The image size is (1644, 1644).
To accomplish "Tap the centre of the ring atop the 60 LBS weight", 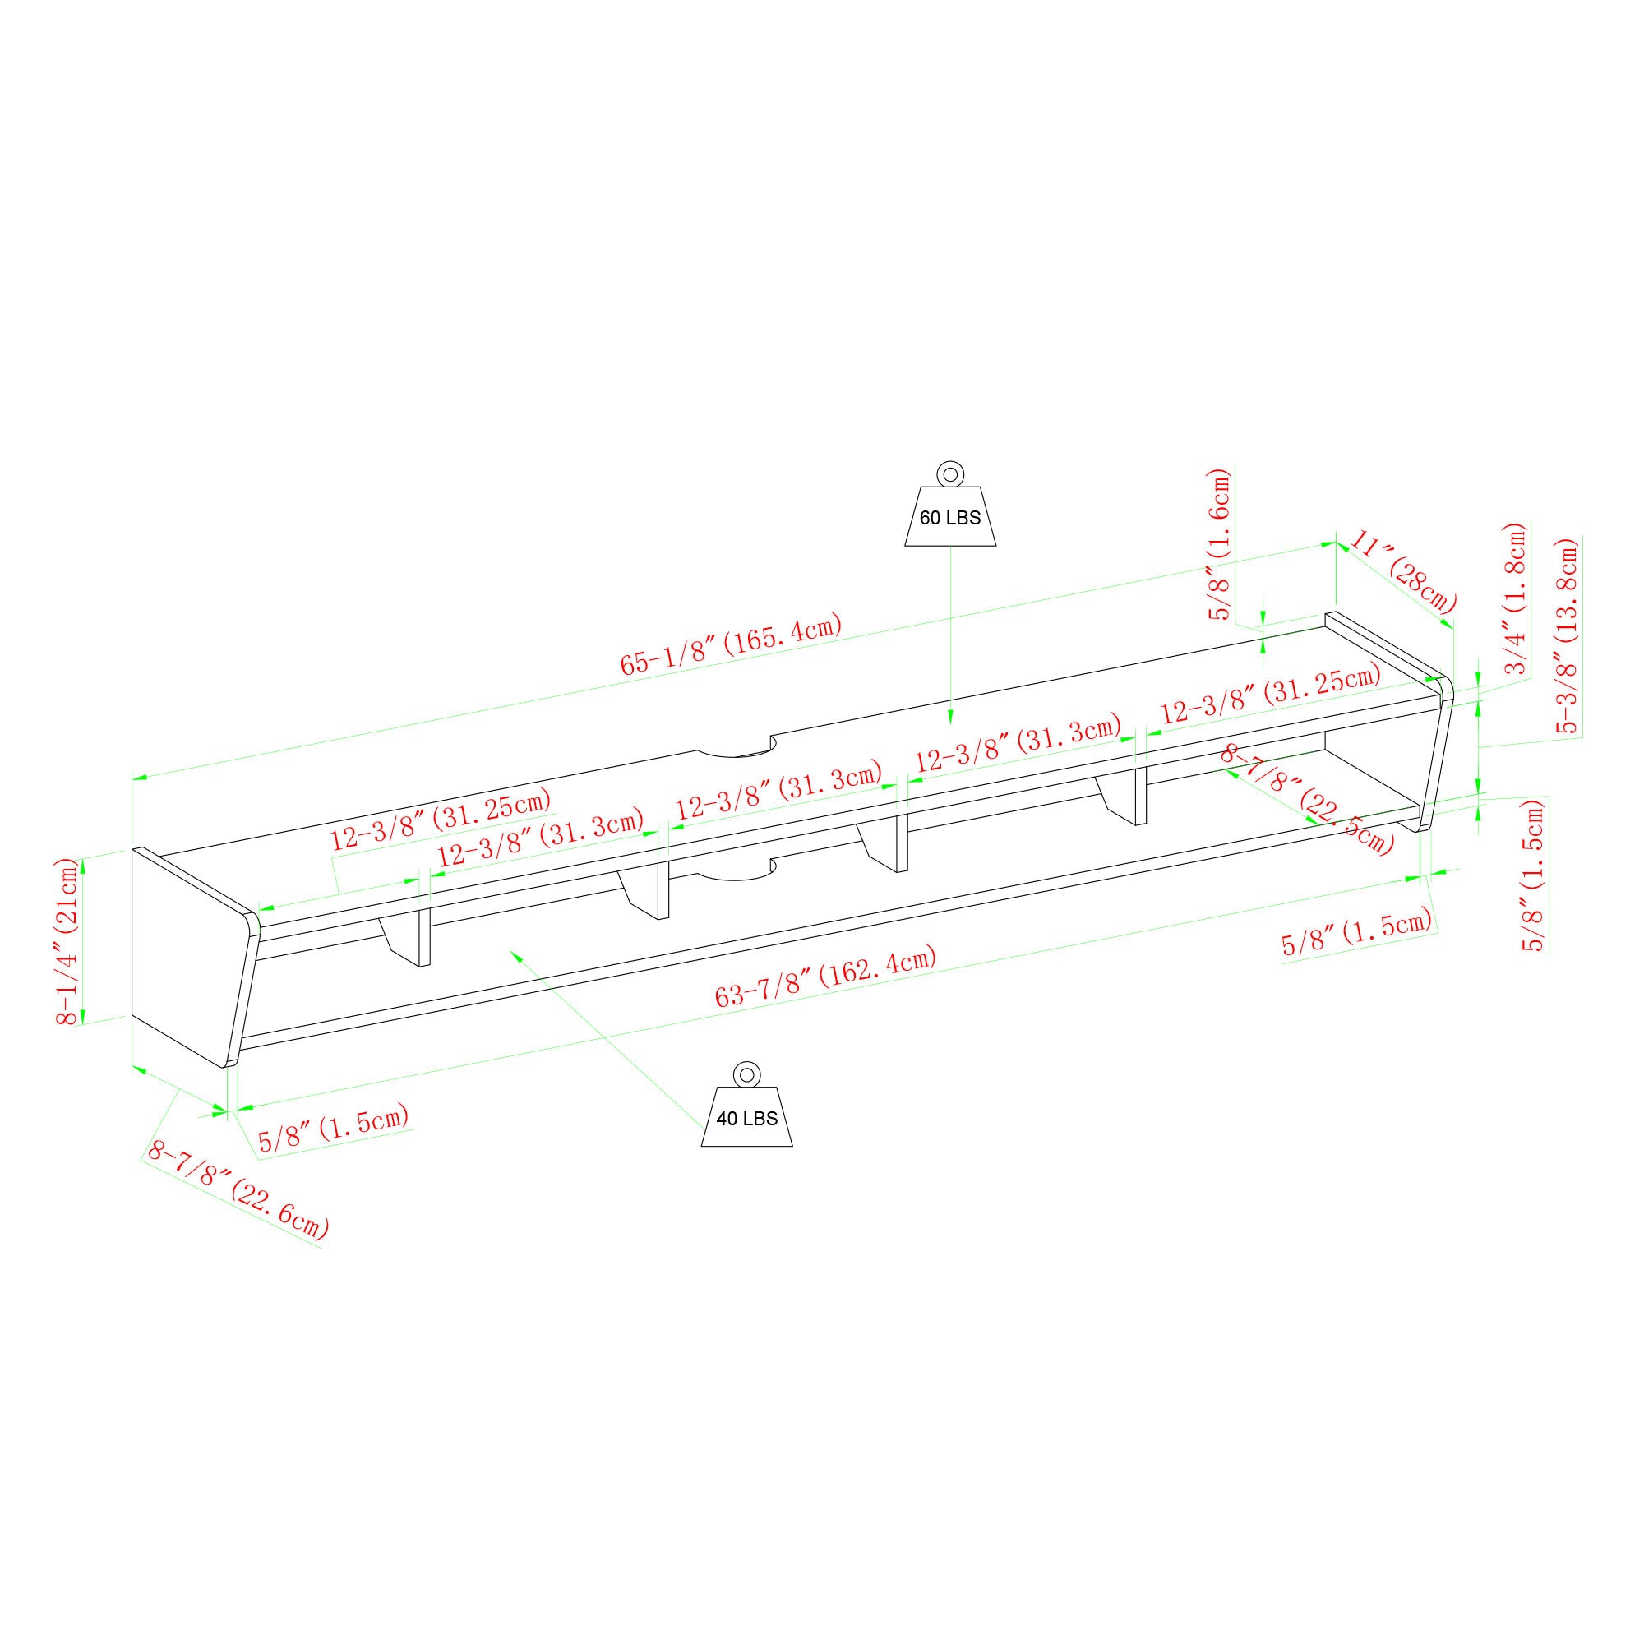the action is point(949,473).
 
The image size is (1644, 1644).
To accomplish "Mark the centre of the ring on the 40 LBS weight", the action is point(746,1073).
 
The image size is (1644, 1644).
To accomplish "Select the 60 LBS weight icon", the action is point(949,504).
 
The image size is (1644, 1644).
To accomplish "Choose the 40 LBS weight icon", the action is point(746,1104).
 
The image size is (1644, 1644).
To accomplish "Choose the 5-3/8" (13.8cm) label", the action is point(1568,635).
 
